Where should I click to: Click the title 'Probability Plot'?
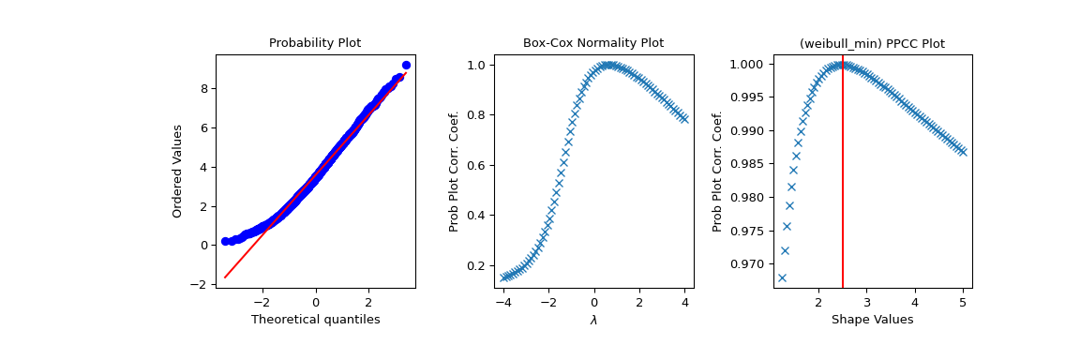(x=315, y=43)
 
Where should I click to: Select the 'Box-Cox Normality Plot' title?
(x=593, y=43)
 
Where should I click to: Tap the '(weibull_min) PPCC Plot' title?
(x=872, y=43)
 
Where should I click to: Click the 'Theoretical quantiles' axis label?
(x=315, y=320)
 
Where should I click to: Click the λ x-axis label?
(x=593, y=320)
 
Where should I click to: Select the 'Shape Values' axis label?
(x=872, y=320)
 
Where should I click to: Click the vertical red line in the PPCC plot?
(x=843, y=187)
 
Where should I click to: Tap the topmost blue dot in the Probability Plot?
(x=406, y=66)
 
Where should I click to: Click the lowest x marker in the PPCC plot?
(x=782, y=277)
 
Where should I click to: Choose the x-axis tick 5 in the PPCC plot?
(x=963, y=302)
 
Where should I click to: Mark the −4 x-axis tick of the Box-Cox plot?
(x=503, y=302)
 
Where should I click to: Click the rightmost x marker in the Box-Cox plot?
(x=684, y=119)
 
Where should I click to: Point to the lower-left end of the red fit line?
(x=225, y=277)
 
